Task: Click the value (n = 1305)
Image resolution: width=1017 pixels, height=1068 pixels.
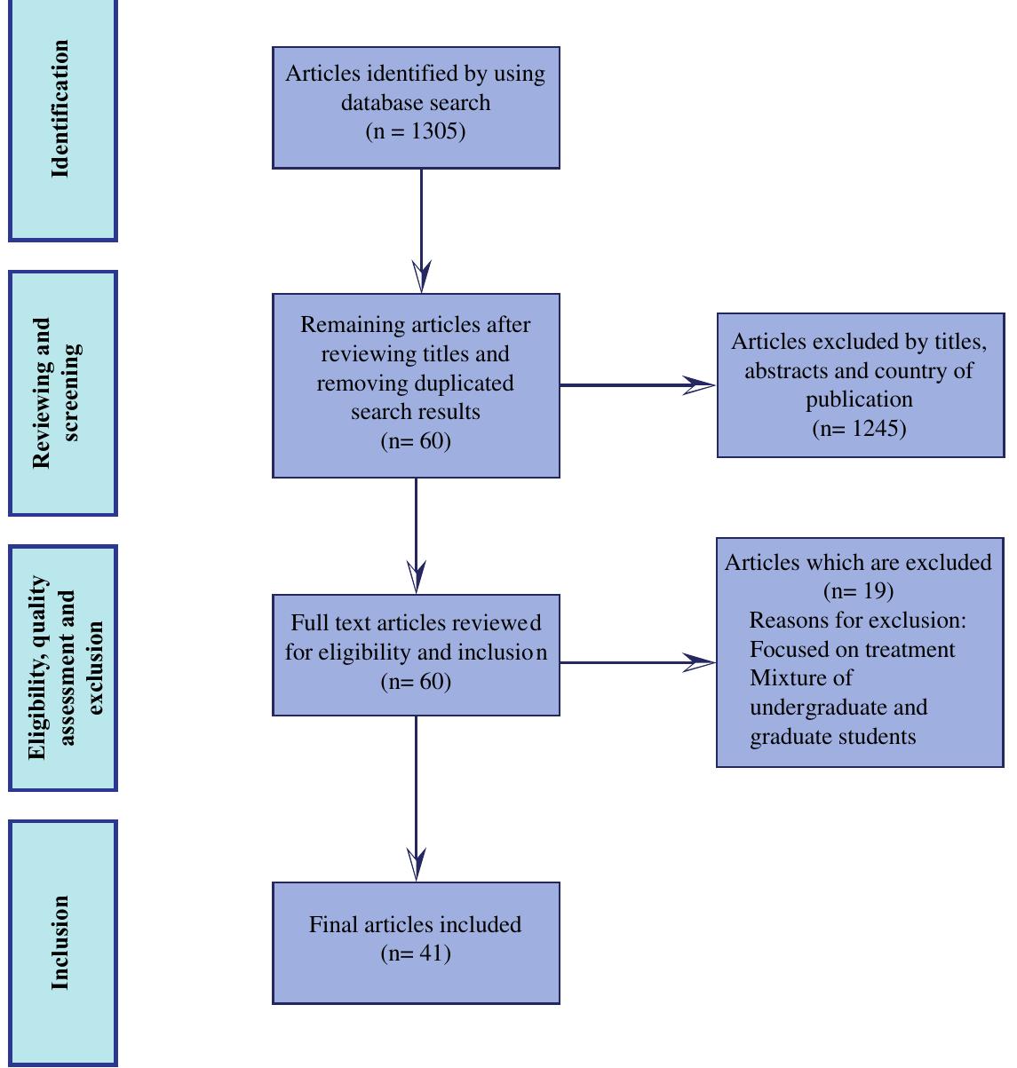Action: (415, 131)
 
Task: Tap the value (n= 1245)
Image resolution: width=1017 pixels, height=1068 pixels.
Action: (859, 429)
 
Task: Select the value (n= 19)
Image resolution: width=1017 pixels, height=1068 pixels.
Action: (858, 591)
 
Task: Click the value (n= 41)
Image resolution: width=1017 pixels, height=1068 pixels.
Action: (415, 953)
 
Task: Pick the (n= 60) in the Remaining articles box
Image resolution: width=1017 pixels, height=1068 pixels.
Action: (415, 441)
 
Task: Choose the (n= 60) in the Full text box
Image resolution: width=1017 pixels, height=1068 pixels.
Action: (415, 682)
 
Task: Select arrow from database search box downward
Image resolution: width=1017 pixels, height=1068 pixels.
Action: (421, 231)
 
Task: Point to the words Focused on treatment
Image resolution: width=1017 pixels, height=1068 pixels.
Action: (852, 650)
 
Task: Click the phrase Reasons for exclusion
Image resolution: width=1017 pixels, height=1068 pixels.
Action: (856, 621)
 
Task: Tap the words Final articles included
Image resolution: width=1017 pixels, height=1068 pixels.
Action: (415, 924)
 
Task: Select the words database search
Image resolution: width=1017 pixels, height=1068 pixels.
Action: (415, 102)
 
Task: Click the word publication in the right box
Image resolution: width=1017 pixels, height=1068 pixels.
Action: (859, 400)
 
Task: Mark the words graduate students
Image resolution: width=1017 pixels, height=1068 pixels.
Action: (832, 737)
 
